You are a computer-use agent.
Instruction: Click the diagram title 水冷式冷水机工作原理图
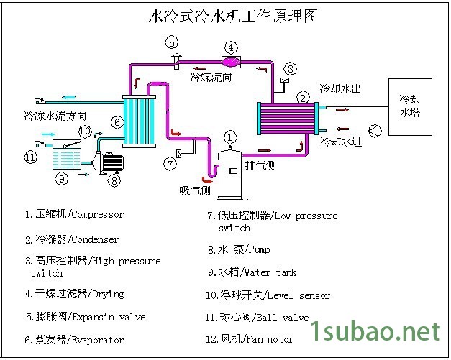point(232,16)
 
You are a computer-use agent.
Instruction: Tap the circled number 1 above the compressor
point(230,137)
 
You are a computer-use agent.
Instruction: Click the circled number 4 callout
point(231,48)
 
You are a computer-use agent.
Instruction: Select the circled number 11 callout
point(29,157)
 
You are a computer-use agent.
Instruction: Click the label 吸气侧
point(194,190)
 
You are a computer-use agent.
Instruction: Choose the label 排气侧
point(260,165)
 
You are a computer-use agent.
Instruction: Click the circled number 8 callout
point(114,180)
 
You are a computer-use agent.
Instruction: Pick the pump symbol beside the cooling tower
point(374,131)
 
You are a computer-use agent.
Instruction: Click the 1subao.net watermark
point(374,331)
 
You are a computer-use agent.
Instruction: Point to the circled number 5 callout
point(172,42)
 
